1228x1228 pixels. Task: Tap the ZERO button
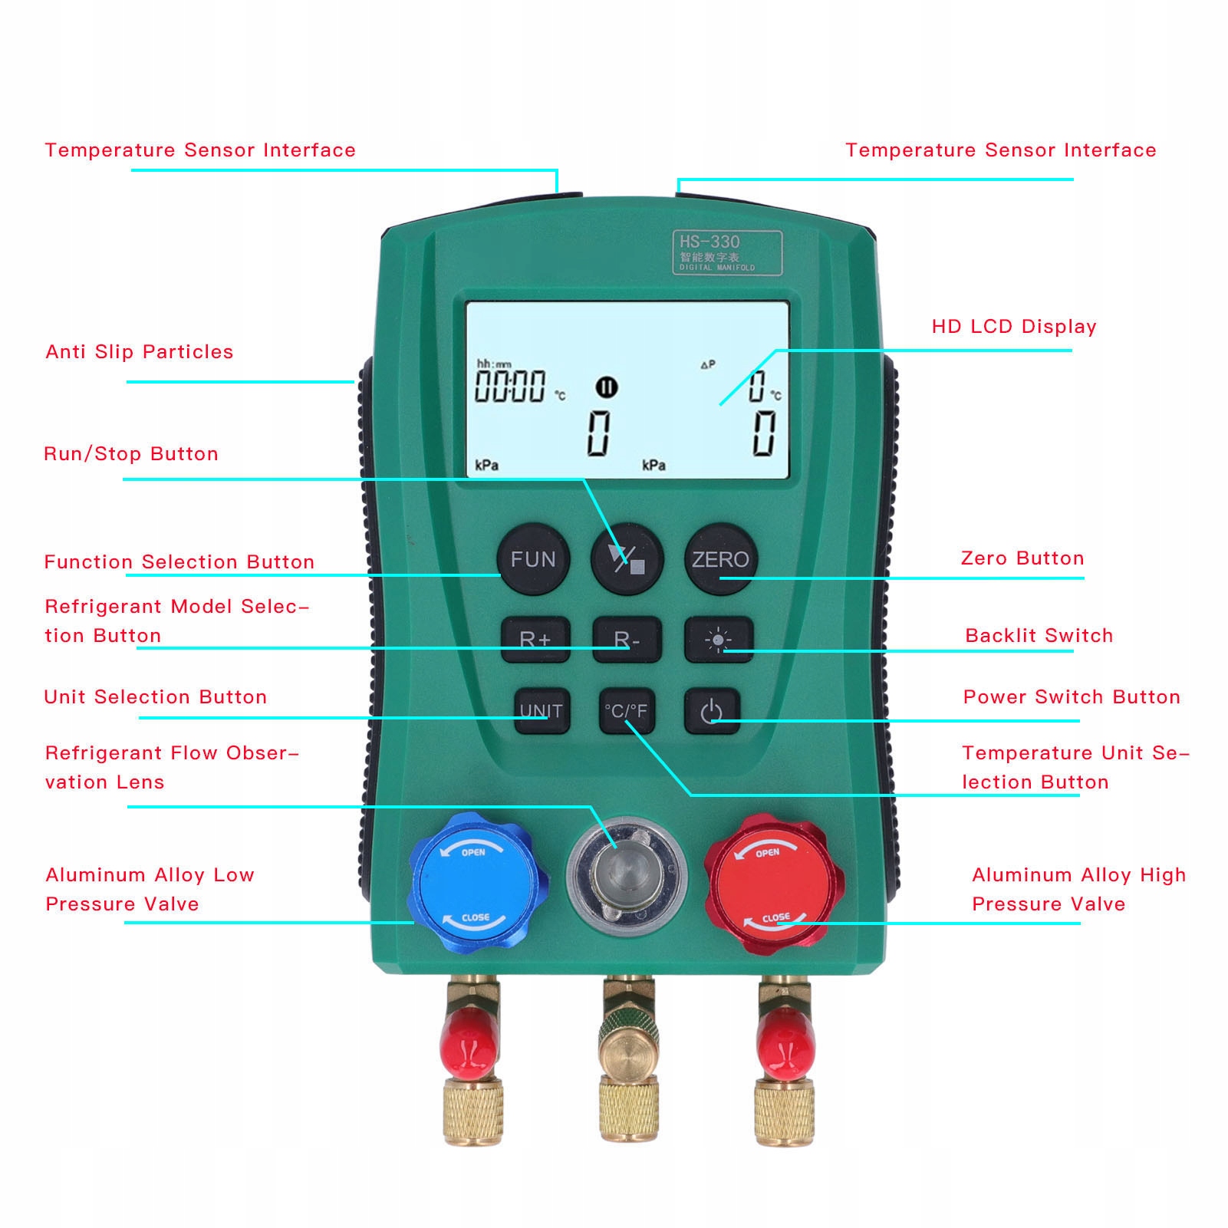tap(719, 559)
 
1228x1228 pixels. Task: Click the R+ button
tap(535, 639)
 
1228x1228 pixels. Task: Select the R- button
tap(627, 639)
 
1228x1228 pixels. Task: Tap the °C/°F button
tap(626, 711)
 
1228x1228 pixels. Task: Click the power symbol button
tap(712, 711)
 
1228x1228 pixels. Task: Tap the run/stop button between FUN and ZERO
tap(627, 559)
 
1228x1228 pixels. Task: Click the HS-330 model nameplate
tap(727, 252)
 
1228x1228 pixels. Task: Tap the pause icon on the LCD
tap(607, 387)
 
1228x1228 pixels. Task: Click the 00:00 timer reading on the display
tap(510, 386)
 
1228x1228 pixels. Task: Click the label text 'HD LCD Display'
tap(1013, 327)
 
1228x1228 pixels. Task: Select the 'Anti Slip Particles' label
tap(139, 352)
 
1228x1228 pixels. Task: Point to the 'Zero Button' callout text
tap(1022, 558)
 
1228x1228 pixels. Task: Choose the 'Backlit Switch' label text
tap(1039, 636)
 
